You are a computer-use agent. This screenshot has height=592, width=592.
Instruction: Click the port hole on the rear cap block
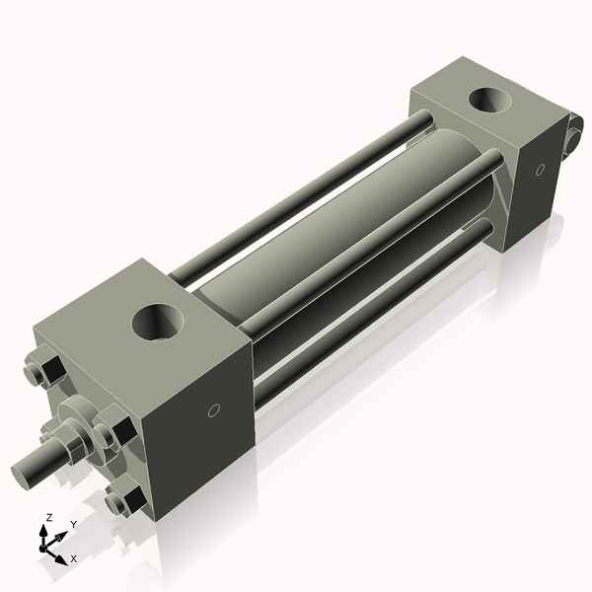coord(489,101)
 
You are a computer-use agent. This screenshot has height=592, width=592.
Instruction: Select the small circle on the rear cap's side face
coord(539,170)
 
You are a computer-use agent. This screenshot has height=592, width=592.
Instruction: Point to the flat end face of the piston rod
coord(24,472)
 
